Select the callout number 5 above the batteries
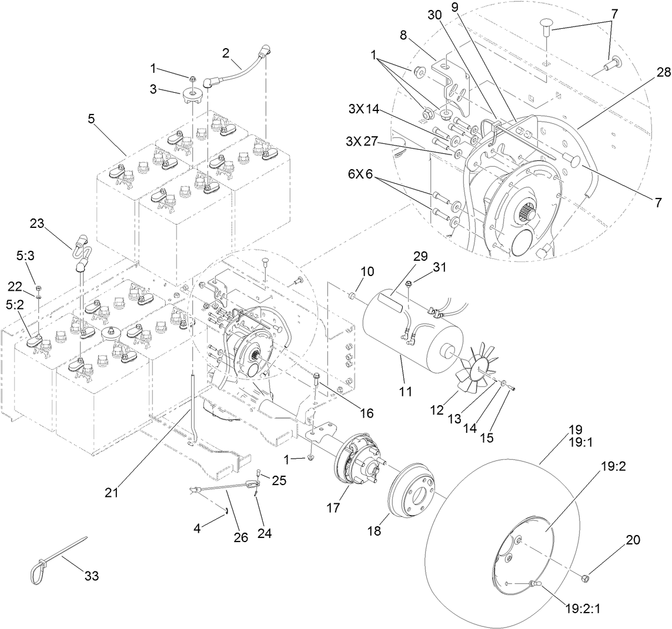coord(91,117)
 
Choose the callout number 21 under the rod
coord(111,493)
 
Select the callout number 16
coord(366,413)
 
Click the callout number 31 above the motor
coord(440,267)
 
